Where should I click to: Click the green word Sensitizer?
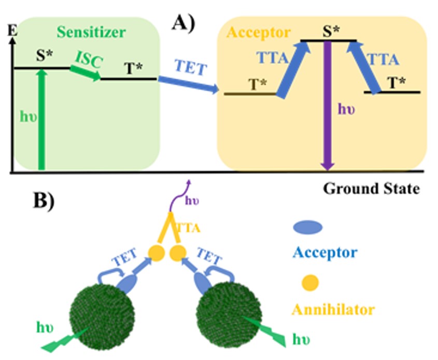coord(91,32)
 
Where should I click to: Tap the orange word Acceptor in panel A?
coord(259,33)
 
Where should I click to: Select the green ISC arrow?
coord(86,73)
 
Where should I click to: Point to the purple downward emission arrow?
coord(328,106)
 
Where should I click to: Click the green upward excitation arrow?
coord(41,119)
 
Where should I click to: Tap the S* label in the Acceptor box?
coord(331,31)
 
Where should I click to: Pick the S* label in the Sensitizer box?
coord(45,56)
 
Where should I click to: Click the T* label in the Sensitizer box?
coord(134,68)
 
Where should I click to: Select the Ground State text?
coord(372,189)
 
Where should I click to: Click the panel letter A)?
coord(183,23)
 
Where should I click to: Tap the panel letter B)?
coord(44,200)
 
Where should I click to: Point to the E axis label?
coord(12,30)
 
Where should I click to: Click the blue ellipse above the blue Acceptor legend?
coord(307,227)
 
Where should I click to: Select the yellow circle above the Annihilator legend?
coord(310,283)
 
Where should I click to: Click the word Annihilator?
coord(333,309)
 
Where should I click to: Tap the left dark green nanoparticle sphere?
coord(102,316)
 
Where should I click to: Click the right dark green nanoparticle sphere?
coord(229,315)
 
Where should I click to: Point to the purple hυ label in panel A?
coord(346,109)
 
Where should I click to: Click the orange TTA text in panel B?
coord(188,228)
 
